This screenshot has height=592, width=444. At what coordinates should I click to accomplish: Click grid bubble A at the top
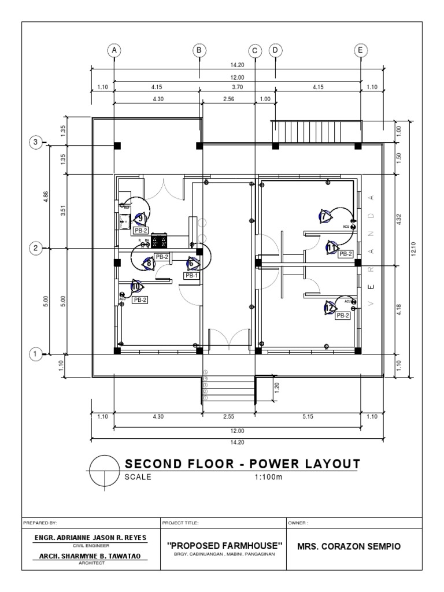coord(115,50)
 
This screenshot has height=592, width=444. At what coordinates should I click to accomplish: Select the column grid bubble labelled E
coord(361,50)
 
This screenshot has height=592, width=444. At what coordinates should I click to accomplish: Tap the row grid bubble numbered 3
coord(36,142)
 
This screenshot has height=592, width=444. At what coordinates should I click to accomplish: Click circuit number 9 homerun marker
coord(140,219)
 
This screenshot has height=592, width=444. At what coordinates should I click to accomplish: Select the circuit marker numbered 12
coord(329,308)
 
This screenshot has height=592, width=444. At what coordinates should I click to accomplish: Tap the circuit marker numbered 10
coord(137,286)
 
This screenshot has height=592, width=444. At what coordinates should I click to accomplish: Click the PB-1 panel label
coord(192,276)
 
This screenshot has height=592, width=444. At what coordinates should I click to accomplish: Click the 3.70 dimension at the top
coord(237,87)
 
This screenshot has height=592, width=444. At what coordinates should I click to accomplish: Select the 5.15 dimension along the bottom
coord(308,416)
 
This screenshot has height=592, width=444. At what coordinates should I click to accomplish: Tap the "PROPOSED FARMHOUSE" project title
coord(224,546)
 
